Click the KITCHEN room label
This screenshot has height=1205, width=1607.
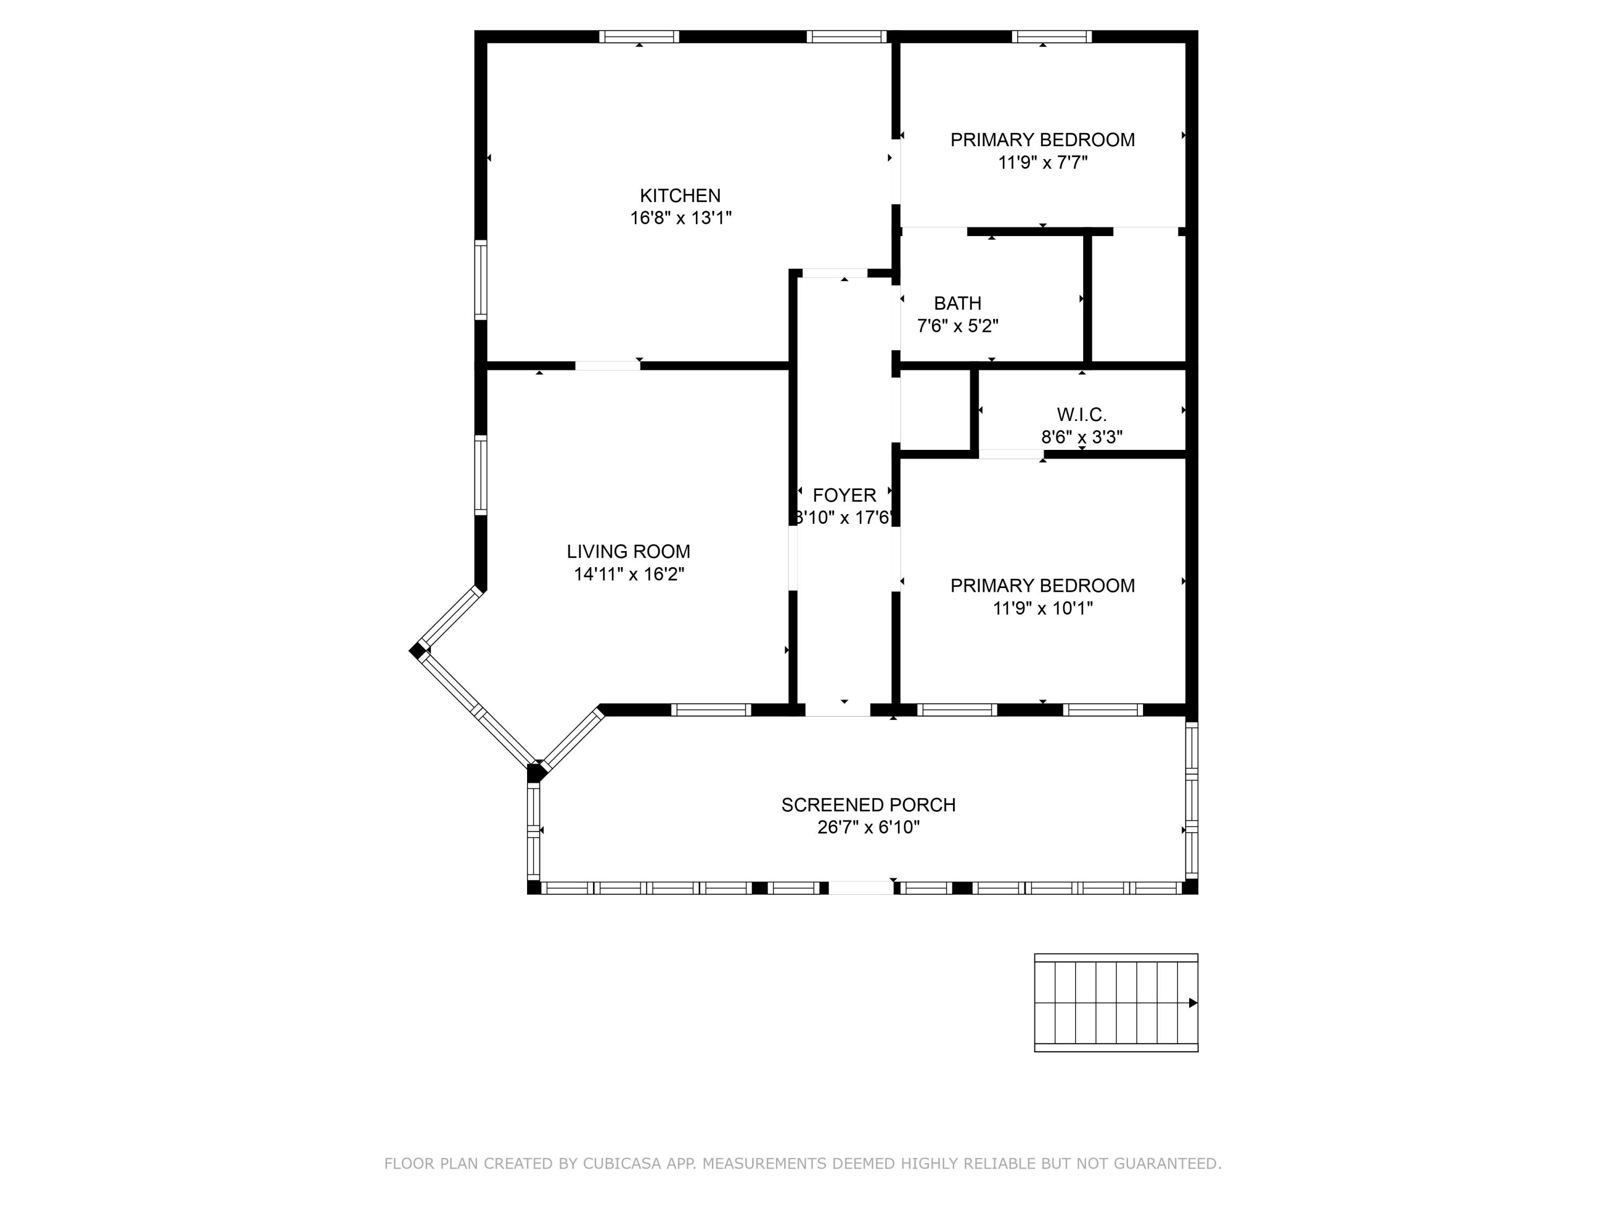(x=680, y=195)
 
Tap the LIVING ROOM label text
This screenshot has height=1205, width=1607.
(x=628, y=551)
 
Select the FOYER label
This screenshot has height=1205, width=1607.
(x=844, y=495)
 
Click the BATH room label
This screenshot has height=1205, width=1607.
(x=958, y=303)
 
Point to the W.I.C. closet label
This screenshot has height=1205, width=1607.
(x=1082, y=415)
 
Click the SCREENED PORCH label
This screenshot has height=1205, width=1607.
(x=868, y=805)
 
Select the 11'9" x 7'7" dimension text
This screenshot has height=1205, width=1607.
(x=1042, y=162)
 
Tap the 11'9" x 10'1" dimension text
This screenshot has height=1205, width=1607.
(x=1042, y=608)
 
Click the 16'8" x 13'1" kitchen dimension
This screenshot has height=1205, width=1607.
(x=680, y=218)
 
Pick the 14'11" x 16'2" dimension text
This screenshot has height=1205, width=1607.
(x=628, y=574)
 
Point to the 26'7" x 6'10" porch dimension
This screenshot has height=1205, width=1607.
(x=868, y=827)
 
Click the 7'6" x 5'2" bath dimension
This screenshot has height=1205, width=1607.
(x=958, y=326)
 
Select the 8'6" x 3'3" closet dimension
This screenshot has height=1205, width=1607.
(x=1082, y=437)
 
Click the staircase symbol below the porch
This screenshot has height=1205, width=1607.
(x=1116, y=1003)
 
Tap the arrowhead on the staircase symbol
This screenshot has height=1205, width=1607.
(x=1193, y=1003)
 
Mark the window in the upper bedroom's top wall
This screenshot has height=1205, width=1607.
(x=1052, y=36)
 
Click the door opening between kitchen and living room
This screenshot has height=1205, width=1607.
(x=607, y=365)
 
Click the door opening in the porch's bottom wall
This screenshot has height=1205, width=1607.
(x=861, y=887)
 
